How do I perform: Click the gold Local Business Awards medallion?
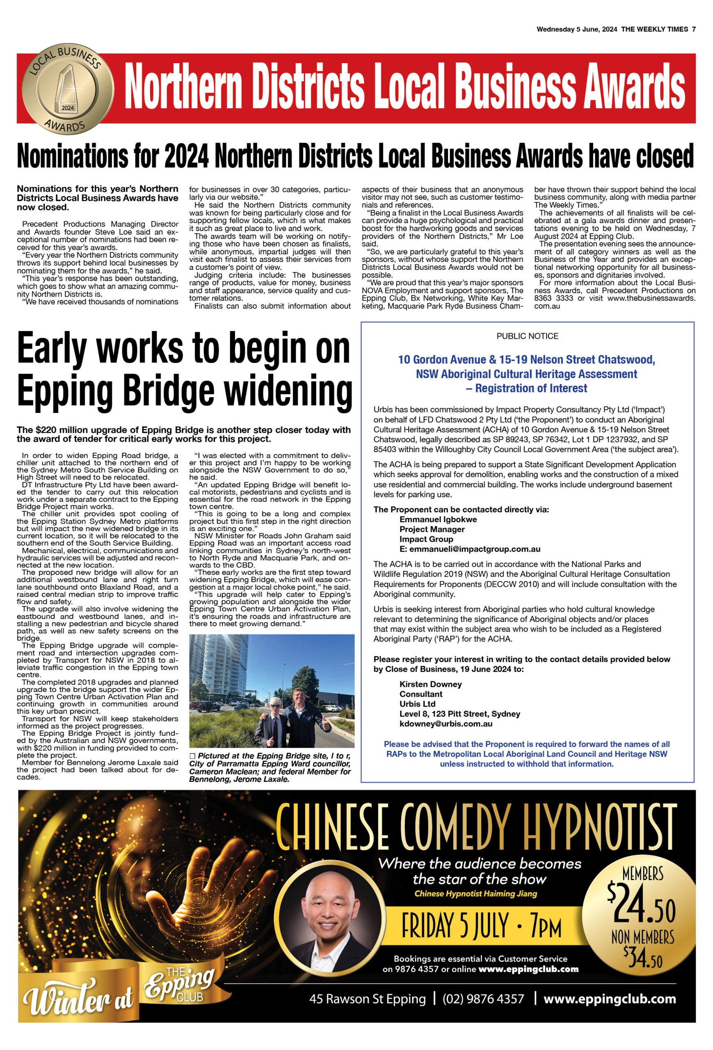(68, 89)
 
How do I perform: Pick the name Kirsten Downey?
(430, 684)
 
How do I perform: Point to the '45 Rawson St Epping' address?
(367, 999)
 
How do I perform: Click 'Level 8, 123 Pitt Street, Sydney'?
(459, 713)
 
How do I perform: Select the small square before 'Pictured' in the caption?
(192, 756)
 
